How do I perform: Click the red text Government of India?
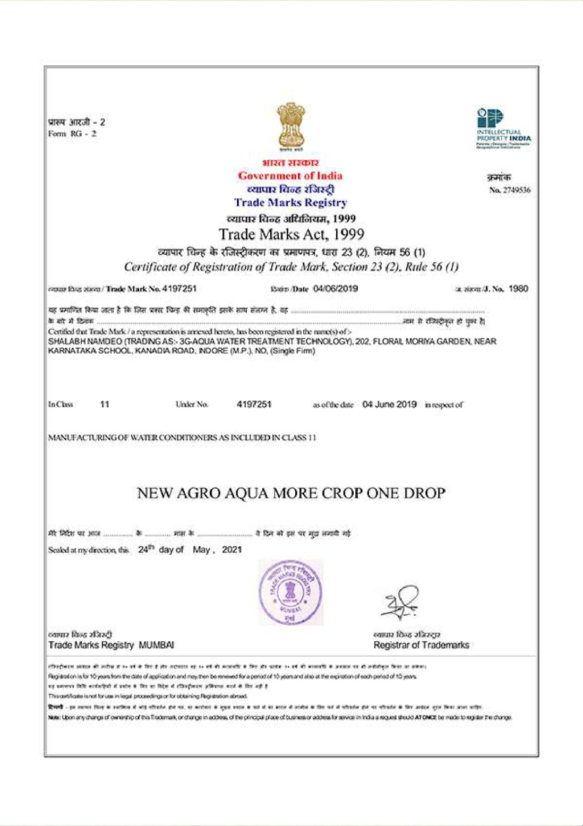(290, 176)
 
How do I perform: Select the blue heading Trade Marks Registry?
(290, 202)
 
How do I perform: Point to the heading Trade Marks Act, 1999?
(291, 234)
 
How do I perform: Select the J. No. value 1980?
(518, 289)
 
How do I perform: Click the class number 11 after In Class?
(105, 405)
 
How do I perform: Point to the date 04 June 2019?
(389, 405)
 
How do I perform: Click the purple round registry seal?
(290, 592)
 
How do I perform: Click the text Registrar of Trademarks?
(421, 646)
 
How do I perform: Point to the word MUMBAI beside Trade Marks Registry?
(156, 646)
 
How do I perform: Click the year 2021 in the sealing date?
(232, 550)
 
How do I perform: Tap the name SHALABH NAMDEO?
(81, 341)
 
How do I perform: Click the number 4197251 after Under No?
(254, 405)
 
